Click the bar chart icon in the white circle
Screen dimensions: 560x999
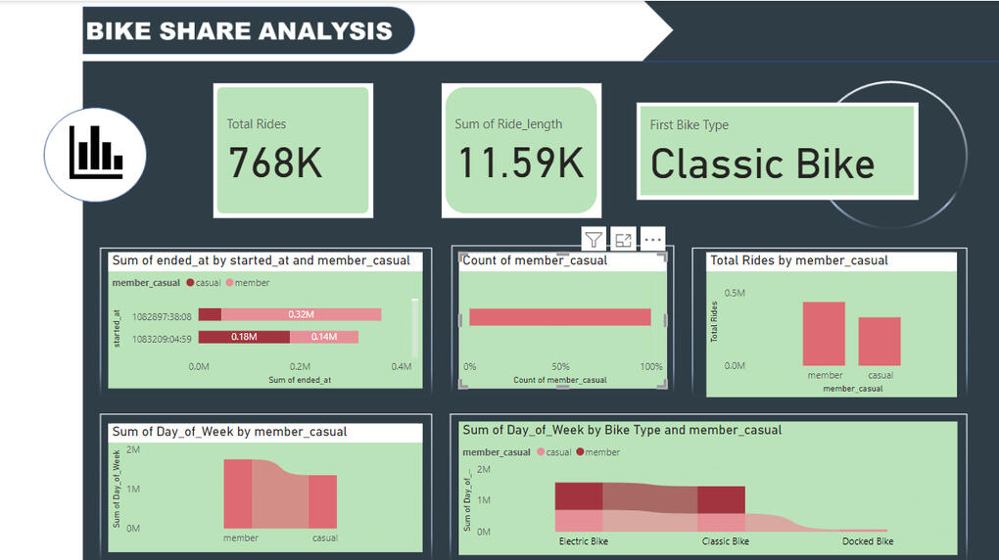click(95, 155)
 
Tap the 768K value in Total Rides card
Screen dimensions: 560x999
click(275, 163)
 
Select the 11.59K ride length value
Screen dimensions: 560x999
click(521, 163)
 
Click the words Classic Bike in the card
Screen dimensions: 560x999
click(762, 163)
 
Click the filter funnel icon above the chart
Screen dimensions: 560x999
click(594, 240)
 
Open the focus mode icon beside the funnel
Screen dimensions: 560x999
click(623, 240)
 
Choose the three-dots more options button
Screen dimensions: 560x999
click(652, 240)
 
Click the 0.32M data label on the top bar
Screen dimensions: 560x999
click(301, 314)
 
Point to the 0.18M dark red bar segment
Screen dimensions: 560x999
click(244, 337)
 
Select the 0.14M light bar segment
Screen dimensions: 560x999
click(324, 337)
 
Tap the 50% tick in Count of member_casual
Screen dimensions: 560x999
click(561, 367)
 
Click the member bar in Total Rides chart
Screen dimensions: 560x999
click(824, 334)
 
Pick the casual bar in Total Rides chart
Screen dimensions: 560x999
click(880, 342)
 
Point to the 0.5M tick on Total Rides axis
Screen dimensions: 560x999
click(735, 293)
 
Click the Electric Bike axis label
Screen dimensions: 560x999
click(584, 541)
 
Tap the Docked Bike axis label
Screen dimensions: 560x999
click(868, 541)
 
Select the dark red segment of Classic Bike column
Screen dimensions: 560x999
click(722, 498)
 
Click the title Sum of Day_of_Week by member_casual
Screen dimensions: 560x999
click(229, 432)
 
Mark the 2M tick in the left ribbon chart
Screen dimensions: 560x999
click(133, 449)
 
